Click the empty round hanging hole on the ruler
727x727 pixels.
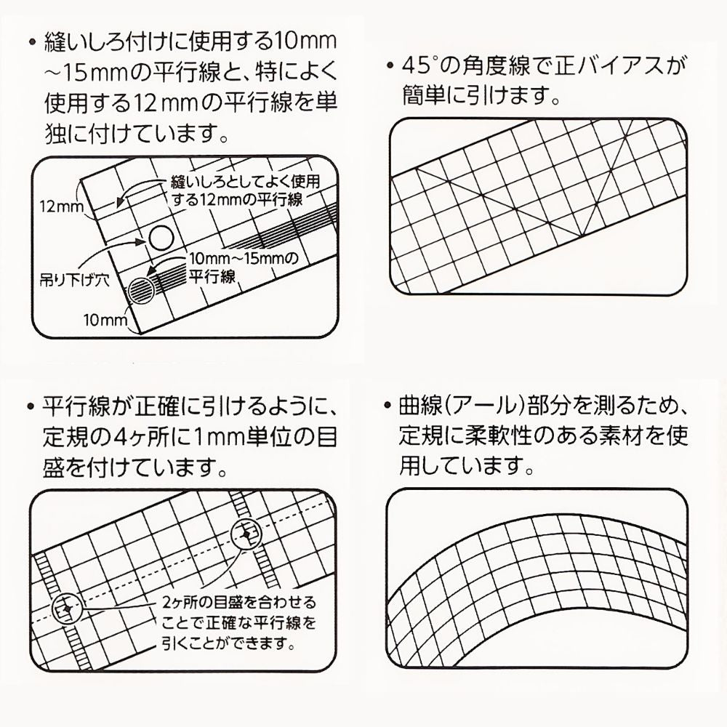click(161, 236)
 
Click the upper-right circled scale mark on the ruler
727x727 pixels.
click(246, 534)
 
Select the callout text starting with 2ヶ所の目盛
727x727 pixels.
click(239, 603)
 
